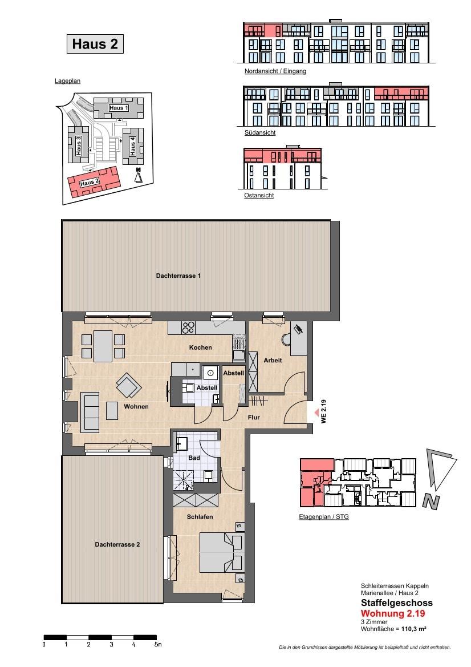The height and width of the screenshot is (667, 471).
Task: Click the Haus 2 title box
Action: [95, 44]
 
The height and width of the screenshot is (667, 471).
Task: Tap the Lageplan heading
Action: [67, 81]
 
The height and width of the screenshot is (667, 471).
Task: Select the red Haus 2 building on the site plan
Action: [94, 181]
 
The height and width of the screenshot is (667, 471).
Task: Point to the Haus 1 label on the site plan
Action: [119, 108]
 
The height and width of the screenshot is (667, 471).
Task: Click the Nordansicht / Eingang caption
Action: [275, 71]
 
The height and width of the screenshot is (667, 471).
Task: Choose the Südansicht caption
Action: [259, 132]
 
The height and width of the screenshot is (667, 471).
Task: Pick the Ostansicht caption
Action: [259, 195]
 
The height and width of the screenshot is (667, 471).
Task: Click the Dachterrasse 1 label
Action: [178, 276]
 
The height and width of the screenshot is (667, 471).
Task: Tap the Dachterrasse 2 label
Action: [117, 544]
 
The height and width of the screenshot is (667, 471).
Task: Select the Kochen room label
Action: [200, 347]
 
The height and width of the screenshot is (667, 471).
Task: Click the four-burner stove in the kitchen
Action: [188, 328]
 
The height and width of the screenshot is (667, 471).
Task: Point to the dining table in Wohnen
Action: [103, 346]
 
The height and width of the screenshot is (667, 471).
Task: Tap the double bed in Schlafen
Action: [222, 552]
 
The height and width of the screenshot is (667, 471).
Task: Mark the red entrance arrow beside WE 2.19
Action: [316, 412]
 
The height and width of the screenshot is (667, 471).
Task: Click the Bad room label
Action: [194, 458]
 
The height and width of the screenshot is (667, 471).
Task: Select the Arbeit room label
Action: [273, 360]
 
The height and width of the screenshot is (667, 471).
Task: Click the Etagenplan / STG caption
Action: [324, 517]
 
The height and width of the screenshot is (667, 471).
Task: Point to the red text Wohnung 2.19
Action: [393, 613]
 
